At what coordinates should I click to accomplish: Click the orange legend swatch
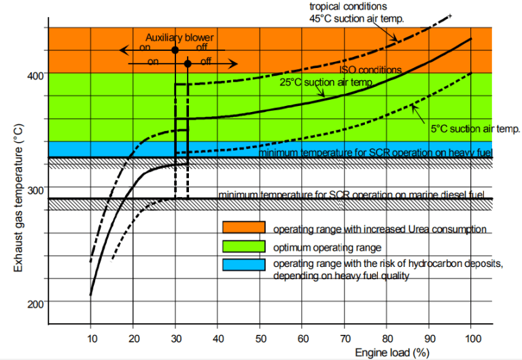click(244, 228)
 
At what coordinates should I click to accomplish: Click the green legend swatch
click(244, 246)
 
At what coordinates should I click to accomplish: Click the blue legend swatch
click(244, 265)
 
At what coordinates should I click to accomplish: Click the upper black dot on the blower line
click(175, 50)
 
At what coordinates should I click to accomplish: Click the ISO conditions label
click(370, 70)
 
